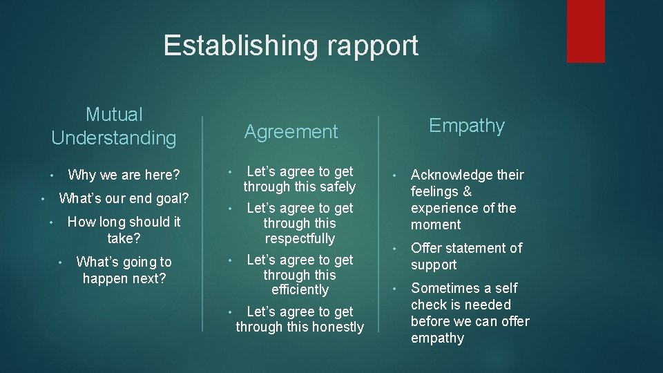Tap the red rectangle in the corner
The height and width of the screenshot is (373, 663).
[x=586, y=30]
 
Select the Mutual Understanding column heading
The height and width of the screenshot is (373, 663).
[x=114, y=126]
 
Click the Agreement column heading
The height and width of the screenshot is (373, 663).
[x=291, y=131]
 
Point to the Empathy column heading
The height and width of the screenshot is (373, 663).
[x=467, y=125]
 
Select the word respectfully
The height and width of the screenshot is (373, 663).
[x=299, y=238]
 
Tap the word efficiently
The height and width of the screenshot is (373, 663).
[x=300, y=289]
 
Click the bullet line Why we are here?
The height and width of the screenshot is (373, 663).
[x=124, y=175]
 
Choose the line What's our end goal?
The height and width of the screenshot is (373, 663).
[x=124, y=199]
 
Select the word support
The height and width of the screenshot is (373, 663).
[x=434, y=265]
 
